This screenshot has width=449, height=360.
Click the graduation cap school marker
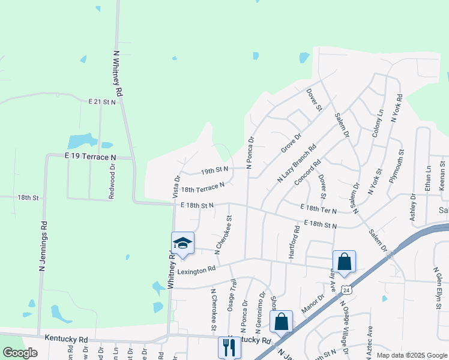click(182, 244)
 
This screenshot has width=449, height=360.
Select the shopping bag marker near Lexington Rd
click(344, 262)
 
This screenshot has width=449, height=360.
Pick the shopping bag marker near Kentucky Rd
click(281, 322)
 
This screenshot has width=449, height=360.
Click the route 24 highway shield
click(346, 290)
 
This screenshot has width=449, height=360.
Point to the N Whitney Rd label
click(118, 73)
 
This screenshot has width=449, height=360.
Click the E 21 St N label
click(101, 102)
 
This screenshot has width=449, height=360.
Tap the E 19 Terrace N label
click(90, 157)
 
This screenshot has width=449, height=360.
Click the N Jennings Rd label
click(43, 246)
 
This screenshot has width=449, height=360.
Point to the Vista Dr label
click(176, 187)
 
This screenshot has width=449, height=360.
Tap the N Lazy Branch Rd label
click(297, 163)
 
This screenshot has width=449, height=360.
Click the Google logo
click(20, 353)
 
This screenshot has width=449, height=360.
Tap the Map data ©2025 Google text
click(411, 355)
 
